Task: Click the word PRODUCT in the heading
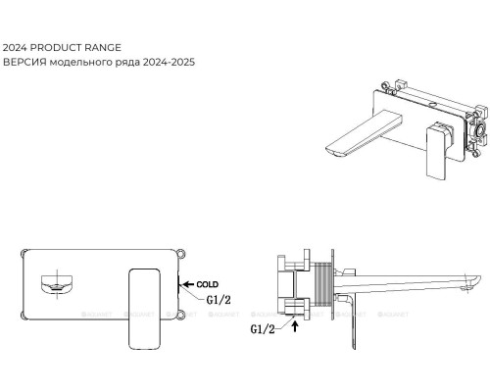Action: (x=56, y=48)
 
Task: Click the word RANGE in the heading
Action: (x=103, y=48)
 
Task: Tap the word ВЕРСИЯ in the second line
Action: (x=24, y=62)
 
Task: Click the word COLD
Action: (x=208, y=284)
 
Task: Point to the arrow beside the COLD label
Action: (x=188, y=284)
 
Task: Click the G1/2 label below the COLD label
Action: (x=219, y=300)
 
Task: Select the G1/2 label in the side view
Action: (x=263, y=329)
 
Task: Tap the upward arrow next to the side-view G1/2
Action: (x=295, y=326)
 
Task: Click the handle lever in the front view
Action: (x=144, y=309)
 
